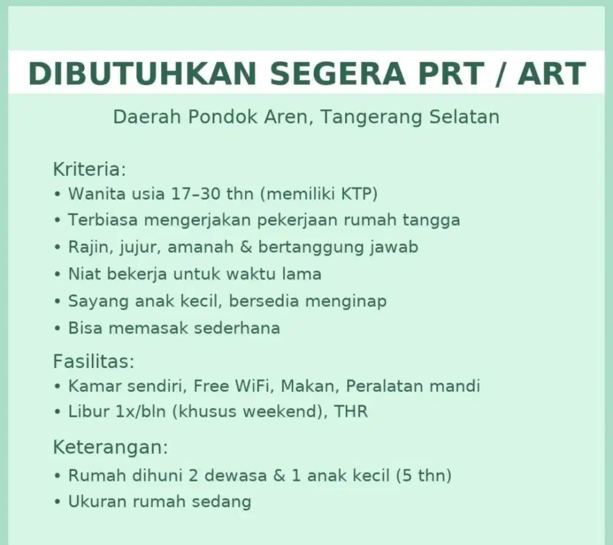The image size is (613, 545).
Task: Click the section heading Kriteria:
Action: pos(89,169)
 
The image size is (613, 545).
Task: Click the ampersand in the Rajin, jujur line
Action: pos(246,247)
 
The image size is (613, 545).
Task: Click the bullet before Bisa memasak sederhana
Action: pos(58,329)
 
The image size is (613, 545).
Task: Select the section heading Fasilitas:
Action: pos(93,361)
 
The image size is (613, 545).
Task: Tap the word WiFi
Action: pos(252,386)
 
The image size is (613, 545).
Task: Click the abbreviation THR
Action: pos(351,412)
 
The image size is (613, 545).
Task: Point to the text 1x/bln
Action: pos(140,412)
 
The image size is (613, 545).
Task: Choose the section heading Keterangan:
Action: pos(110,447)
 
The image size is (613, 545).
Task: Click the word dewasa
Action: pos(236,475)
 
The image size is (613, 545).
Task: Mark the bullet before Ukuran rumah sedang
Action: pos(58,502)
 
